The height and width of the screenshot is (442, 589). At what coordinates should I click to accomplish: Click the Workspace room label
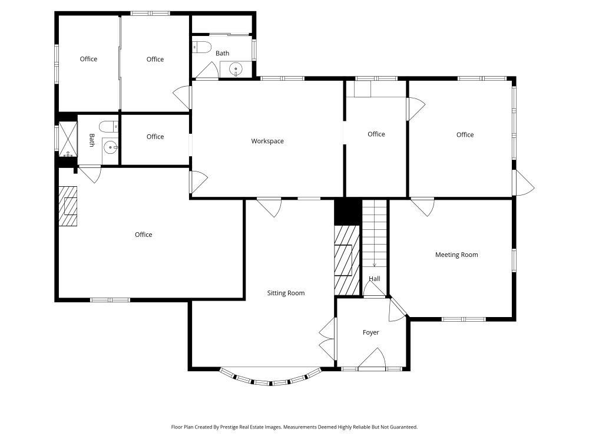(267, 141)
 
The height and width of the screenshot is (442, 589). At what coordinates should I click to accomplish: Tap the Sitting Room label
(286, 293)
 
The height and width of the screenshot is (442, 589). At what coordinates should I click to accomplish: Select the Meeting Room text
(456, 255)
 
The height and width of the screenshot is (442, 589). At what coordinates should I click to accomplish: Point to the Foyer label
(370, 332)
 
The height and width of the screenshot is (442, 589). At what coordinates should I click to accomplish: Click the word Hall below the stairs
(375, 279)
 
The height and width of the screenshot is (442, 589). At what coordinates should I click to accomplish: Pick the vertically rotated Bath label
(92, 140)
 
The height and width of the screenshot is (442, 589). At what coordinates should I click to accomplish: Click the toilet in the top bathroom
(202, 47)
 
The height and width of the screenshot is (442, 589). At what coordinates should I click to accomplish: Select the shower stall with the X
(68, 140)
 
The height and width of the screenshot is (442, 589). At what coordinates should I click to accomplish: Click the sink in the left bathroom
(110, 146)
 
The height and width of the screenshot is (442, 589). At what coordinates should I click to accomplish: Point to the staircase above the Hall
(374, 233)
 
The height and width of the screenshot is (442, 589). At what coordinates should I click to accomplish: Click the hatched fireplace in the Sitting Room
(346, 259)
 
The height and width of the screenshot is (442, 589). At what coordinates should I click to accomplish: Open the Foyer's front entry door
(372, 358)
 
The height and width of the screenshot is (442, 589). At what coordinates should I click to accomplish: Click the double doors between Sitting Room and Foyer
(326, 338)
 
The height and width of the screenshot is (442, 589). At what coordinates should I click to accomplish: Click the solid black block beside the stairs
(347, 212)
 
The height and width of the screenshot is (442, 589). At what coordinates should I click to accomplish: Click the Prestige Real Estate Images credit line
(294, 427)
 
